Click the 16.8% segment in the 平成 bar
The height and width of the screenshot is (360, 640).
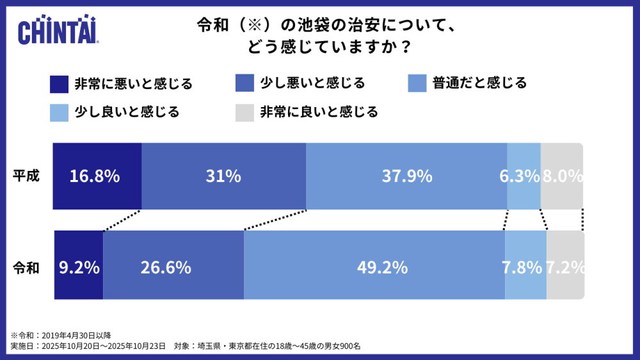tap(96, 176)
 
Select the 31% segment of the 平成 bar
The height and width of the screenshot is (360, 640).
tap(224, 176)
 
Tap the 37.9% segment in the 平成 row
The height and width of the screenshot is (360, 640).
tap(406, 176)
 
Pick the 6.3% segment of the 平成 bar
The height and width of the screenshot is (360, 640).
tap(523, 176)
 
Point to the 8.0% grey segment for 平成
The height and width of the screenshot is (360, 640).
tap(561, 176)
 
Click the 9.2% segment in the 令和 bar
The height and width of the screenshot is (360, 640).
tap(78, 266)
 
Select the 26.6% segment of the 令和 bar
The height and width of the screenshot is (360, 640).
tap(173, 266)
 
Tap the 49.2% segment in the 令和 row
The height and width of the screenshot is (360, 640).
tap(374, 266)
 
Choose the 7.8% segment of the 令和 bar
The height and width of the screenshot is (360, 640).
tap(525, 266)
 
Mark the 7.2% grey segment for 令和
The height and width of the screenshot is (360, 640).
tap(565, 266)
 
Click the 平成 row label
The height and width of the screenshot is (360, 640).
tap(25, 176)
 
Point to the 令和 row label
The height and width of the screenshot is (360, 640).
tap(25, 267)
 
